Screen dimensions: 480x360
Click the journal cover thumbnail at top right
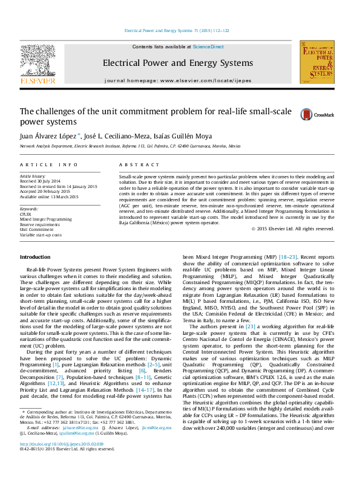click(316, 62)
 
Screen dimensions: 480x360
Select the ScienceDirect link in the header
click(208, 47)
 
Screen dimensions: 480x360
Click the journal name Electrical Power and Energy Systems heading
click(178, 63)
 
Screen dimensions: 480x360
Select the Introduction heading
click(35, 257)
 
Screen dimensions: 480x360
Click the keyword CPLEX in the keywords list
click(25, 214)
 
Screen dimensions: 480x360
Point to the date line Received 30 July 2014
click(41, 181)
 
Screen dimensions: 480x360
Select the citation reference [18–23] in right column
click(287, 257)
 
